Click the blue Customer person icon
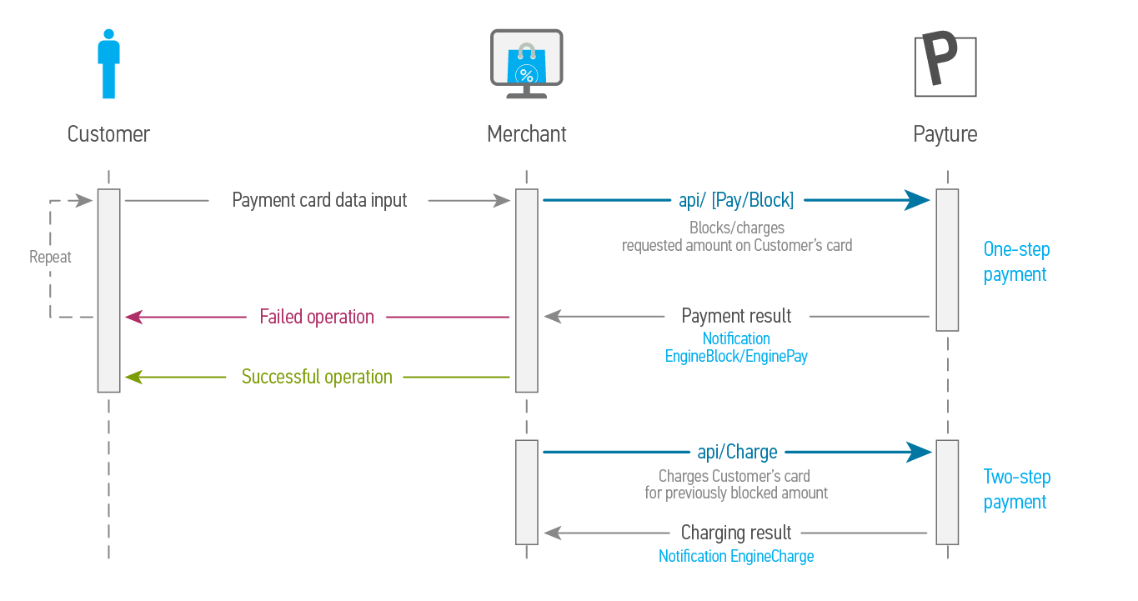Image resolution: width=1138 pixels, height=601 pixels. tap(108, 64)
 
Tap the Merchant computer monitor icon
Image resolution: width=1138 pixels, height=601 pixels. tap(526, 64)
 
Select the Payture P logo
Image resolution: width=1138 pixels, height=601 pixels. tap(945, 66)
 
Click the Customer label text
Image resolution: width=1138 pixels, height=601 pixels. tap(108, 134)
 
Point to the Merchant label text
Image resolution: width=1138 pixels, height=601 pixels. tap(526, 134)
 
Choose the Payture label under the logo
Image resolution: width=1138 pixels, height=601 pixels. tap(945, 134)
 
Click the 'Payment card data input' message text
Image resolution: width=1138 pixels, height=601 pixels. tap(319, 200)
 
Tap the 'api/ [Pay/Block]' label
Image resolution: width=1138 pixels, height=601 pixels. tap(736, 200)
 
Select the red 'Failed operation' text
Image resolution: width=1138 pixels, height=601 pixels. tap(317, 317)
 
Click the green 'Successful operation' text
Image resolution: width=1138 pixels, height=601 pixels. tap(317, 377)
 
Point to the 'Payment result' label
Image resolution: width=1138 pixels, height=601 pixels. tap(736, 316)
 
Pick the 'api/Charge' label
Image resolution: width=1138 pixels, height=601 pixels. tap(737, 452)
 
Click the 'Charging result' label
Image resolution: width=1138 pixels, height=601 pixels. tap(736, 533)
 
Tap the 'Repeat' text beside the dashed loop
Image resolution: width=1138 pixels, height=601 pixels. tap(50, 257)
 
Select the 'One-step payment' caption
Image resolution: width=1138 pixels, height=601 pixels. tap(1016, 262)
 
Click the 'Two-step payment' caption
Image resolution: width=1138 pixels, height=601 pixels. tap(1016, 489)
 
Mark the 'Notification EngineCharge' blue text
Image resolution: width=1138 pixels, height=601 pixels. tap(736, 556)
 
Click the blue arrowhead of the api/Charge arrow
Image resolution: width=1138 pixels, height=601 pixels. tap(920, 452)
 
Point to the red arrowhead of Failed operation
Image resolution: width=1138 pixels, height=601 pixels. tap(134, 317)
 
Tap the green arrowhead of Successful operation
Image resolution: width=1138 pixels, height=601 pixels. tap(134, 378)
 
